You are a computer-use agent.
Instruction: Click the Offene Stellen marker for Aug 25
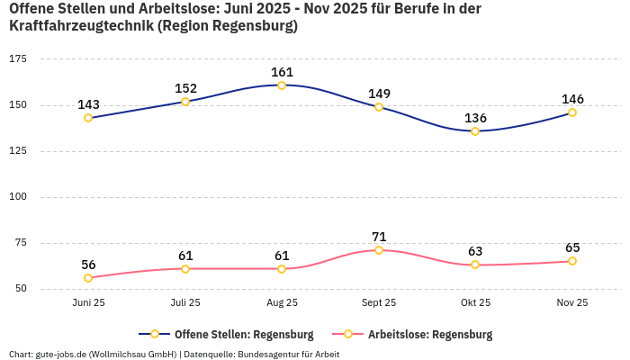[x=282, y=85]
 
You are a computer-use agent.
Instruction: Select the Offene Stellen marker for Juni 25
[x=88, y=118]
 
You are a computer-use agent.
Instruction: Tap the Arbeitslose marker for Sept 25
[x=379, y=250]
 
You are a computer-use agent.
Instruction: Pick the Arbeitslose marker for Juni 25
[x=88, y=278]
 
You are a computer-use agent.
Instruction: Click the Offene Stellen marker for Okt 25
[x=475, y=131]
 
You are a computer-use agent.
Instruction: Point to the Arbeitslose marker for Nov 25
[x=572, y=261]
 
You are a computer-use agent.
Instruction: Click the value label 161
[x=282, y=72]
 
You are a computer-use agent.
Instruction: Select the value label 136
[x=475, y=118]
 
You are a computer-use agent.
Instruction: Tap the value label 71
[x=379, y=237]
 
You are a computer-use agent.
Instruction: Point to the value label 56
[x=88, y=265]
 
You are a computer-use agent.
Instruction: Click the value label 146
[x=572, y=99]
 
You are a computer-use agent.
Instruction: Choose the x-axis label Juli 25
[x=185, y=303]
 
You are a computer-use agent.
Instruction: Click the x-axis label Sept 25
[x=379, y=303]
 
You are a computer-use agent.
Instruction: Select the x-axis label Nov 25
[x=572, y=303]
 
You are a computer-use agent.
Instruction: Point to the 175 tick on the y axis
[x=18, y=58]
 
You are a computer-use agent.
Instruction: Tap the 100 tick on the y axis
[x=18, y=196]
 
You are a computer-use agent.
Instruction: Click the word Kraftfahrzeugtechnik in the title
[x=79, y=26]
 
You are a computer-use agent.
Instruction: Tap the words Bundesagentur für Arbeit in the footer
[x=288, y=354]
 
